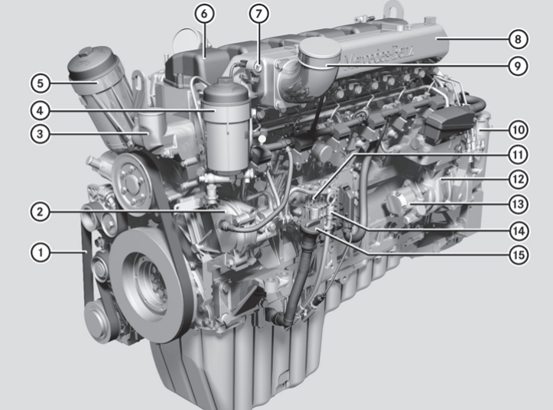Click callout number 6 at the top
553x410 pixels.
204,13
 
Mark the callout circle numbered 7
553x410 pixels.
259,13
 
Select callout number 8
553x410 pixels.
518,38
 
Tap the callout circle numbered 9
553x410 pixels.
518,66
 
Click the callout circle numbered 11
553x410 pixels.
518,155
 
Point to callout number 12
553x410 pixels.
518,179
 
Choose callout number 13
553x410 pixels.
518,204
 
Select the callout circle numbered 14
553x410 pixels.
518,229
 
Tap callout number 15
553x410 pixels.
518,255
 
